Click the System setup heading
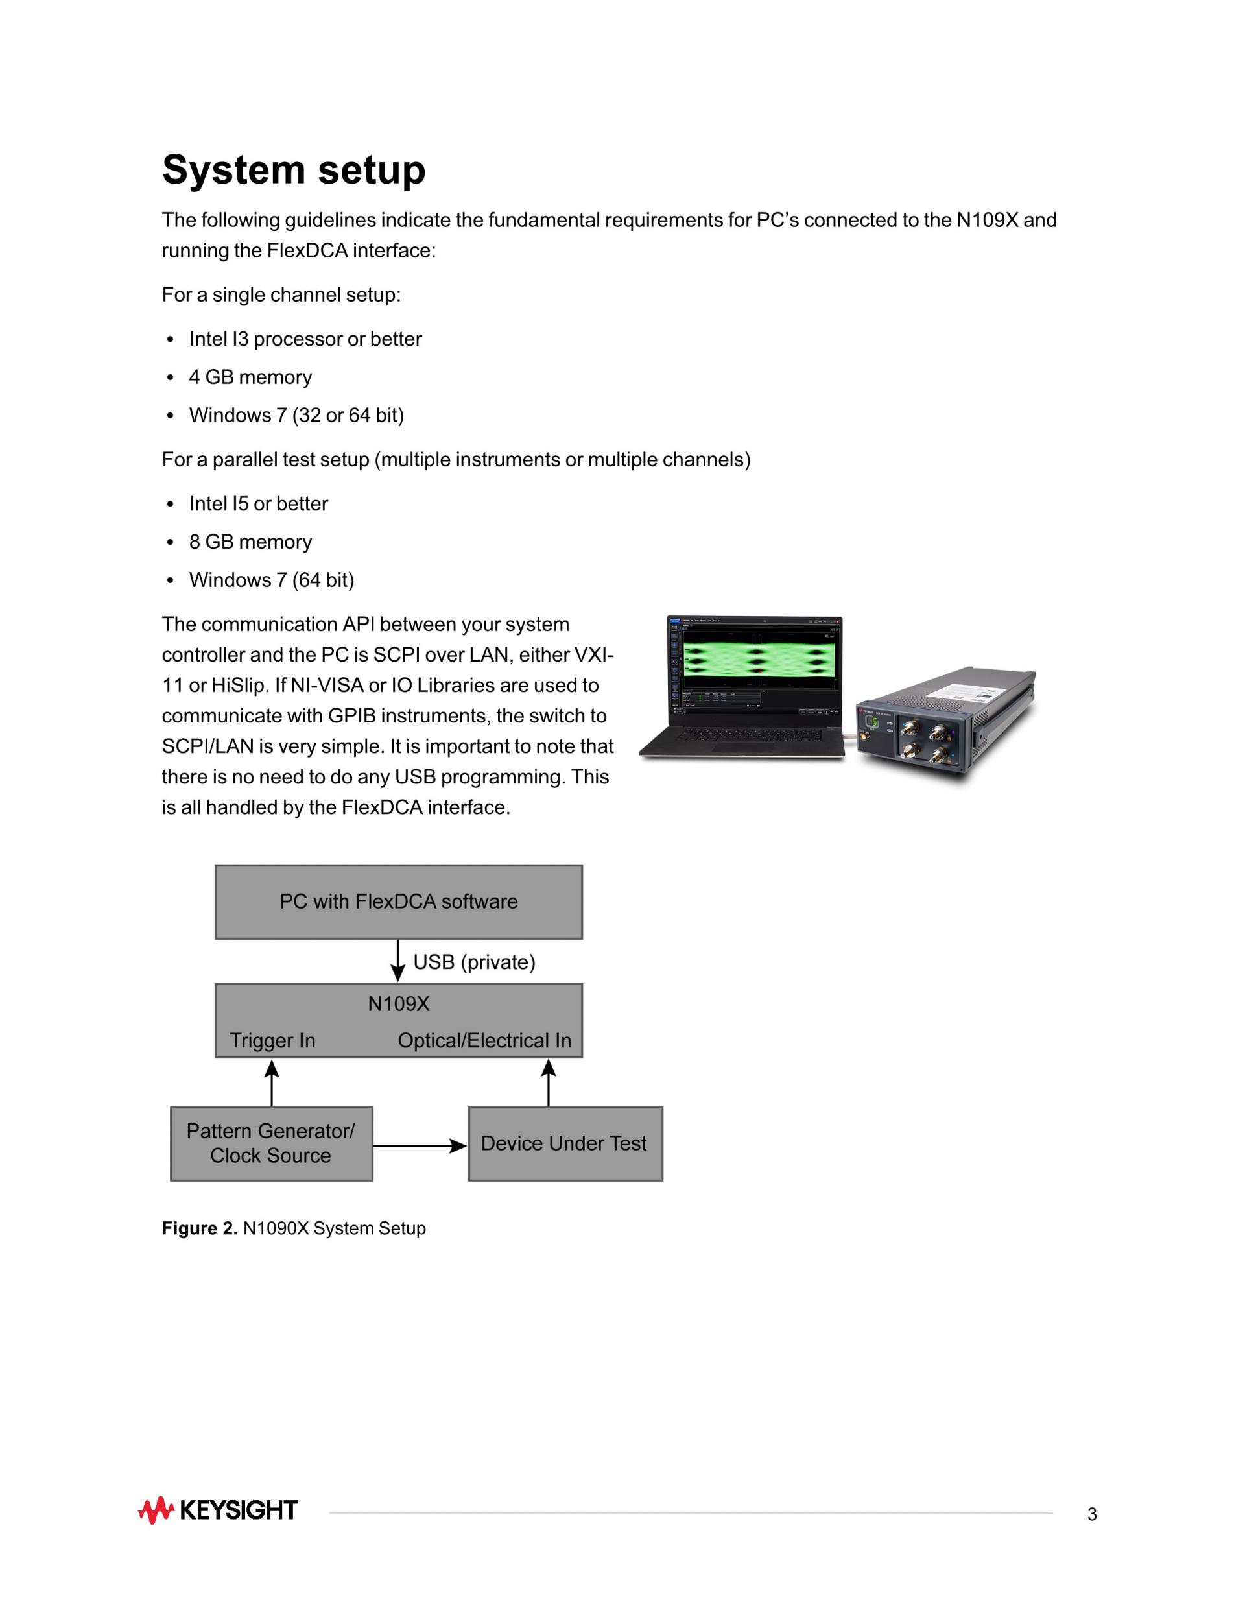pos(294,170)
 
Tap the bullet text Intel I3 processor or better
pos(305,339)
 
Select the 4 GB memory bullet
pos(250,377)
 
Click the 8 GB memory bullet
pos(250,542)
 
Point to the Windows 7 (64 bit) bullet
pos(272,580)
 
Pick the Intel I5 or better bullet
pos(258,504)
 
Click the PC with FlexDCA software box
pos(398,901)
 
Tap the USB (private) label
pos(473,962)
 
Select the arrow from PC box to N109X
pos(398,961)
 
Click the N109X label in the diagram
pos(398,1004)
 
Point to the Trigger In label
pos(272,1041)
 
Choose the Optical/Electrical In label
pos(484,1041)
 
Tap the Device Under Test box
pos(565,1143)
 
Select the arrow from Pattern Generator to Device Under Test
pos(420,1145)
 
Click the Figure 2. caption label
pos(199,1228)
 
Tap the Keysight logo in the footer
pos(219,1510)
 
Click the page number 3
pos(1091,1514)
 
